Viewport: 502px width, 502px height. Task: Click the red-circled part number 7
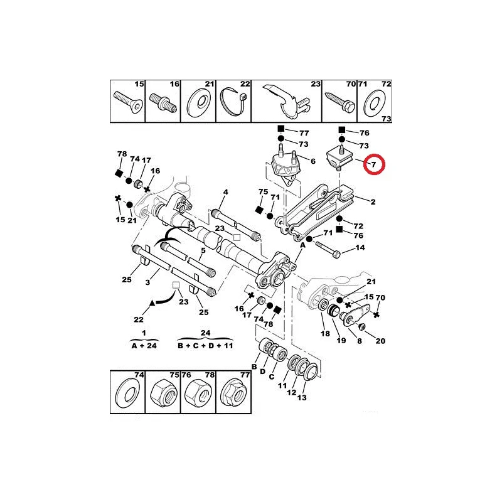(x=373, y=165)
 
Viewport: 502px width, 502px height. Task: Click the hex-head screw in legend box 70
(x=339, y=102)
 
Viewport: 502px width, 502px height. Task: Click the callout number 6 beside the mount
(x=312, y=161)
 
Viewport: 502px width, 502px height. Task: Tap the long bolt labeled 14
(x=328, y=250)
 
